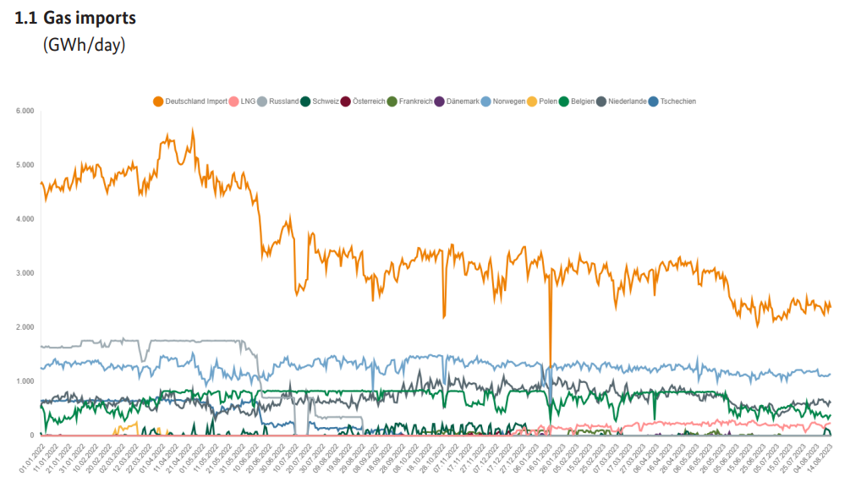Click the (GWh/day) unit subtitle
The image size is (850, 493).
tap(84, 45)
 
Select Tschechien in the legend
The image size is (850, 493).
tap(677, 101)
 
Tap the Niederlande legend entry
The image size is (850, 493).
tap(627, 101)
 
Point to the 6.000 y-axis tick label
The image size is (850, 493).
tap(24, 111)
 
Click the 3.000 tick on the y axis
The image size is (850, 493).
tap(24, 273)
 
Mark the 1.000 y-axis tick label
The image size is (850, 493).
tap(24, 381)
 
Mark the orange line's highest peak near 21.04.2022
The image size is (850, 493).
tap(193, 130)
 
